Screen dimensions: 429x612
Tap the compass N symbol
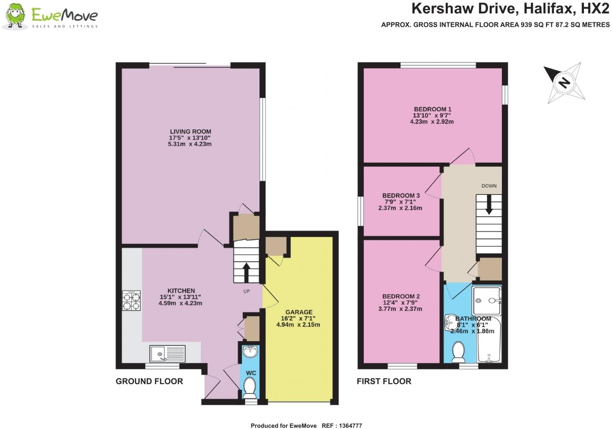point(564,82)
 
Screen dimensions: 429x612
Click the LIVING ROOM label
point(190,132)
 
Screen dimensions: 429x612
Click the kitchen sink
point(167,353)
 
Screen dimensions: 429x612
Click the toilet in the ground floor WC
point(250,388)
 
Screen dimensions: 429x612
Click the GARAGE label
point(299,312)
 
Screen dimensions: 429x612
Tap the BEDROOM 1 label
point(432,109)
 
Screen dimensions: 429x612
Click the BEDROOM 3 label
point(401,195)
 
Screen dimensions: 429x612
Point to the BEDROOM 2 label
point(401,296)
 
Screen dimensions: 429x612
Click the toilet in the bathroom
point(459,351)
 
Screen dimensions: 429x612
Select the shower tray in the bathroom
point(486,300)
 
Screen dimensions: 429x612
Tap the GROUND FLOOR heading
point(149,381)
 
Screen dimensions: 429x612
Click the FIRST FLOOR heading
point(384,381)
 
